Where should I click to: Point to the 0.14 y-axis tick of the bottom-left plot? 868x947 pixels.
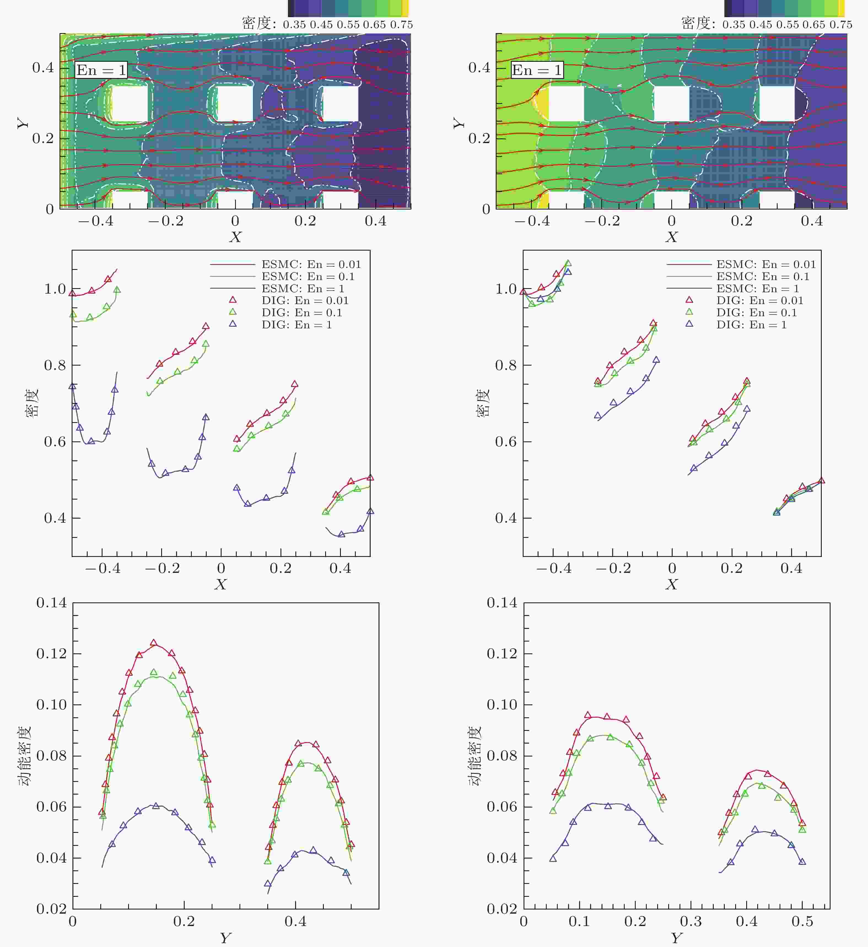coord(52,603)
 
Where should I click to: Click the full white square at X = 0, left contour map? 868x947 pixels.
coord(235,103)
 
